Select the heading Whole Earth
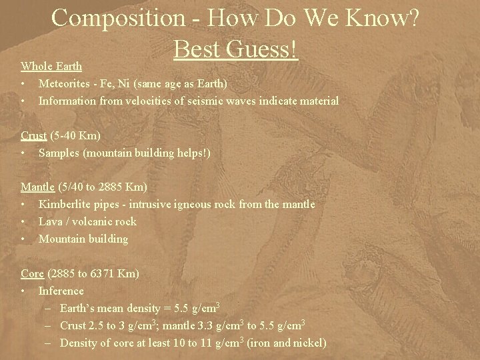click(51, 66)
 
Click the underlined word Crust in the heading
click(33, 135)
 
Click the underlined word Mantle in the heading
click(37, 187)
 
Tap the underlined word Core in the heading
click(32, 273)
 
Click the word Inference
click(61, 291)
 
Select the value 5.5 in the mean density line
click(179, 308)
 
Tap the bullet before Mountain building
click(23, 239)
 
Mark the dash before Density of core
click(51, 343)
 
